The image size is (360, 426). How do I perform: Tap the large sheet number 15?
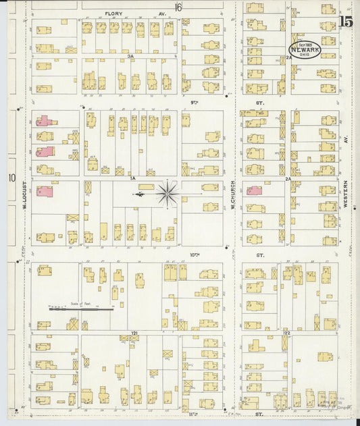(346, 21)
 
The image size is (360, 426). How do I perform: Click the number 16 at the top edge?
(178, 7)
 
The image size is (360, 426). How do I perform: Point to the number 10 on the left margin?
(11, 178)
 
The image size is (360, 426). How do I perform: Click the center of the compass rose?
(167, 194)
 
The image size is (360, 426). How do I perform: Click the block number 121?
(134, 334)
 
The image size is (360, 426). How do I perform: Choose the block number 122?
(286, 334)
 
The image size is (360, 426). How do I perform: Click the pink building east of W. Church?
(254, 190)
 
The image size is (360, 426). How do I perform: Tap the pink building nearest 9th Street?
(44, 121)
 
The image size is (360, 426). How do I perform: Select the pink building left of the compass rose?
(44, 191)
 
